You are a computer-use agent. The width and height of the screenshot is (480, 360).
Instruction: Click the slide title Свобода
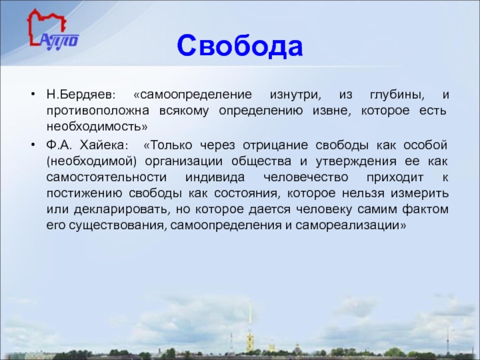click(x=239, y=46)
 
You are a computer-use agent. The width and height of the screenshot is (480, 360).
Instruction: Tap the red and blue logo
click(x=52, y=29)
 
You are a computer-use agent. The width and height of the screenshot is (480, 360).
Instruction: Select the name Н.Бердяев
click(x=81, y=94)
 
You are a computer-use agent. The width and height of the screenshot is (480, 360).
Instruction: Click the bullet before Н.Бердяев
click(x=33, y=94)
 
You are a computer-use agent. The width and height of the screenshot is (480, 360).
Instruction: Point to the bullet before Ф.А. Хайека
click(x=33, y=144)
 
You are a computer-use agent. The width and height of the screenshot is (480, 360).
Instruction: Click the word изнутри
click(x=295, y=95)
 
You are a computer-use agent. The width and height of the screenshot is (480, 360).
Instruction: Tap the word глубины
click(x=397, y=95)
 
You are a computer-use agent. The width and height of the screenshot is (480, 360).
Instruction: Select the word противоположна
click(x=98, y=110)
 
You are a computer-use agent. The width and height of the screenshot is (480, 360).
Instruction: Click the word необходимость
click(x=97, y=127)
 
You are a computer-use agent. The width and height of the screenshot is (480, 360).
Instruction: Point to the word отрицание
click(x=275, y=145)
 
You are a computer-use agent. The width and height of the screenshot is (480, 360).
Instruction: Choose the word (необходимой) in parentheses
click(x=92, y=161)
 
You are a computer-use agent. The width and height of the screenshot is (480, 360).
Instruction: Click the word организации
click(x=184, y=161)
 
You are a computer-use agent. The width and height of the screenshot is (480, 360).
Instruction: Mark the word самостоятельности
click(x=107, y=177)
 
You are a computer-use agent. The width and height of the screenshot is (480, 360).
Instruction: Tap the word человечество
click(x=305, y=177)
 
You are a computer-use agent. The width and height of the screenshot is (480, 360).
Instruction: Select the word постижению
click(x=84, y=193)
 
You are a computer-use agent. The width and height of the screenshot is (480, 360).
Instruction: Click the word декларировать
click(x=121, y=209)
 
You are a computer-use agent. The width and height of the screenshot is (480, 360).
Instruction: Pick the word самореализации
click(x=350, y=226)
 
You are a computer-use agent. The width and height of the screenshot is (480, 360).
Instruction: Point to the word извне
click(x=332, y=110)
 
